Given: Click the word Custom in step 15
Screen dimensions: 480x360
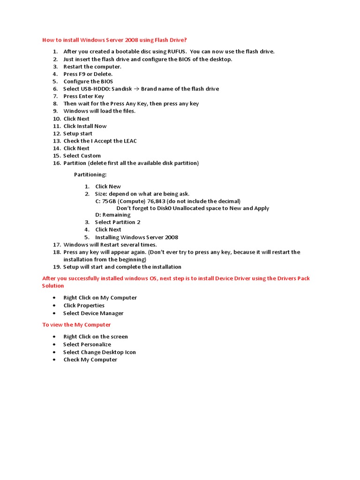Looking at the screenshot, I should point(91,156).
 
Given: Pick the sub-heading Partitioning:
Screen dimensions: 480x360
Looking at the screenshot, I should point(90,175).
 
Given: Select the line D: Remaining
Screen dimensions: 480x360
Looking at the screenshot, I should point(112,215).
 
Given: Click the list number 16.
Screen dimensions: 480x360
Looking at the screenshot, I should point(57,163).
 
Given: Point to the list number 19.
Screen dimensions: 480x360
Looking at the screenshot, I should point(57,267).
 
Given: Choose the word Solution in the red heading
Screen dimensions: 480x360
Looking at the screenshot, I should point(53,286).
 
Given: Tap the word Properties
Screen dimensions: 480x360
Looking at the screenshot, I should point(91,306).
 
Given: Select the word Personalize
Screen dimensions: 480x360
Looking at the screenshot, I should point(96,345).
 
